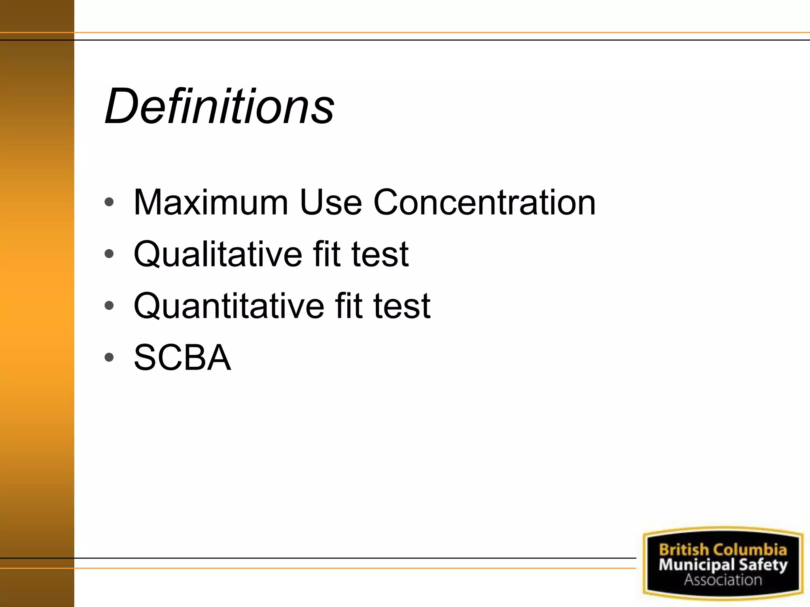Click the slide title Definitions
pos(220,106)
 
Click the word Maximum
pos(210,202)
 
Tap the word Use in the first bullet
pos(331,202)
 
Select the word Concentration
pos(484,202)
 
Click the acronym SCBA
pos(182,358)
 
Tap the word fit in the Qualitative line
pos(327,254)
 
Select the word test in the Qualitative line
pos(380,254)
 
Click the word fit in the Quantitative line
pos(348,306)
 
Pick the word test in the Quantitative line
pos(402,306)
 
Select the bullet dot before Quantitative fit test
pos(109,305)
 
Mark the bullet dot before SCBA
pos(109,357)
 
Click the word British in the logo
pos(684,550)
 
